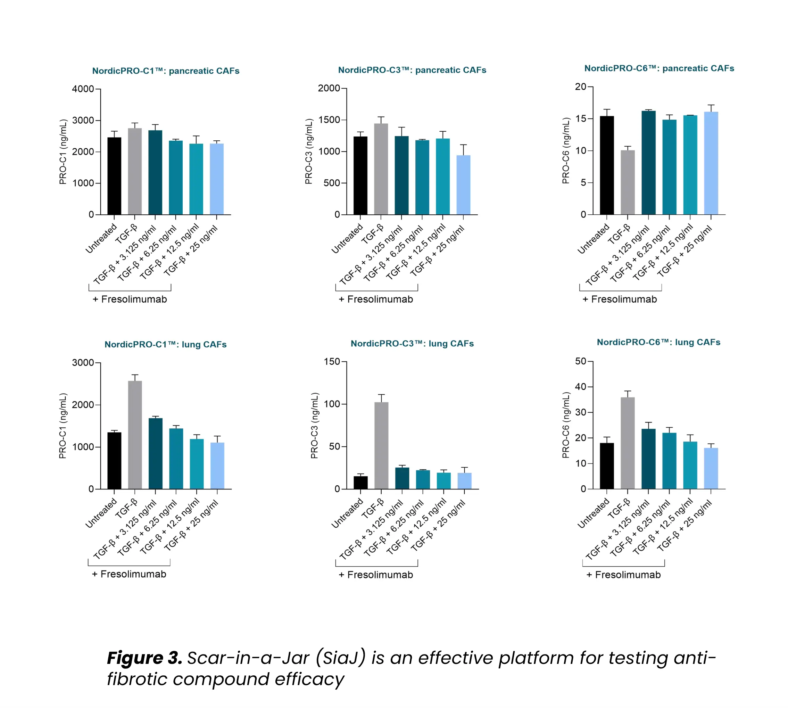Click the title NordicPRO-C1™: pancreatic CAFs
click(166, 71)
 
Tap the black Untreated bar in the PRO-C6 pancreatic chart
click(606, 165)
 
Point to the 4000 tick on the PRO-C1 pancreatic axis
click(83, 89)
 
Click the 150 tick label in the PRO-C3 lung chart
click(332, 361)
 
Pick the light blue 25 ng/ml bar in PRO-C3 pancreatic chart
click(463, 185)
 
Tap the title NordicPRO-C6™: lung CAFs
click(658, 342)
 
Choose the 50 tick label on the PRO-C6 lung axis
click(580, 361)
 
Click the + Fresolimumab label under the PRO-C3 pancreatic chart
click(376, 299)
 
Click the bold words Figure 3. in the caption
click(144, 658)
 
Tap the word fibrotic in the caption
click(137, 679)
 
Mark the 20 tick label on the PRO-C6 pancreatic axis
click(580, 87)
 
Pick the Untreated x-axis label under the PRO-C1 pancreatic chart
click(101, 238)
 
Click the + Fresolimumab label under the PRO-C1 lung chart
click(129, 574)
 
